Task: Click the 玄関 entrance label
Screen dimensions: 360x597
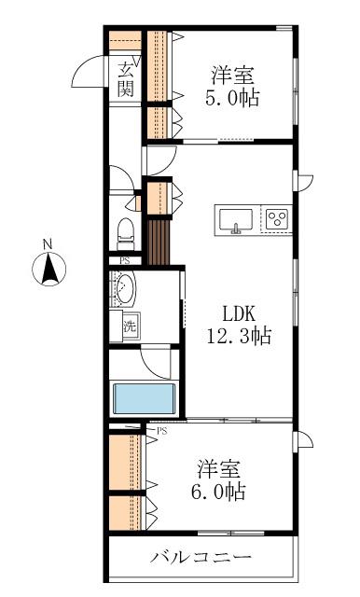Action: (x=125, y=79)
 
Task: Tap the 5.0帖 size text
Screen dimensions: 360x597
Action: (x=232, y=97)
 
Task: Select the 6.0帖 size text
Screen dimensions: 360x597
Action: (x=218, y=492)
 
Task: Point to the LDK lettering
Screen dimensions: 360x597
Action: (x=239, y=314)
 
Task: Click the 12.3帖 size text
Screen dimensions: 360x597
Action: (x=239, y=336)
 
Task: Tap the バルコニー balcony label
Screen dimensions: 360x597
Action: (x=201, y=558)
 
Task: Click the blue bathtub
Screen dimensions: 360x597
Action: (x=145, y=398)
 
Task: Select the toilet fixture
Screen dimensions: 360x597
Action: (x=126, y=234)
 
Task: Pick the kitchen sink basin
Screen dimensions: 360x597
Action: (x=236, y=219)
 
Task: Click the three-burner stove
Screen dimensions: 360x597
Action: (x=277, y=218)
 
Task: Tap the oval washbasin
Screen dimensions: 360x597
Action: (x=124, y=288)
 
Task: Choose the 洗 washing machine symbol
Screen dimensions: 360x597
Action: (x=130, y=326)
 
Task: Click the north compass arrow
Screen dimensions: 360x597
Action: (x=49, y=270)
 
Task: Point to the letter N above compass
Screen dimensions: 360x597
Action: (x=48, y=244)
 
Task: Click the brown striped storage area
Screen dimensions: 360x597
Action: (x=159, y=242)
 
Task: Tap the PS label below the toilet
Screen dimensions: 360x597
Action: (x=124, y=261)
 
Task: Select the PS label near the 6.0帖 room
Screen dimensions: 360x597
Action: (x=162, y=431)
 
